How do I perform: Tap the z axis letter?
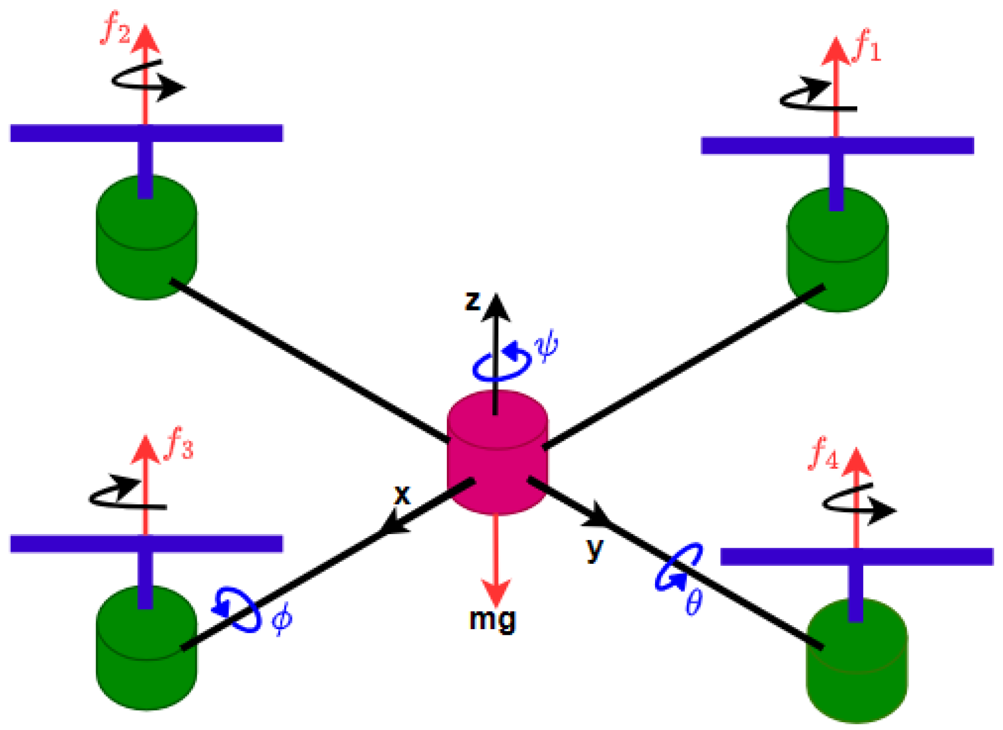[472, 301]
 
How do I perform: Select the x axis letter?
[402, 495]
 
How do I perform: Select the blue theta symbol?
[694, 602]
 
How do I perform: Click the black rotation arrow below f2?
[146, 83]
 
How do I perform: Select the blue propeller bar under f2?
[146, 133]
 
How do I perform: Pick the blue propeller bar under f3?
[146, 544]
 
